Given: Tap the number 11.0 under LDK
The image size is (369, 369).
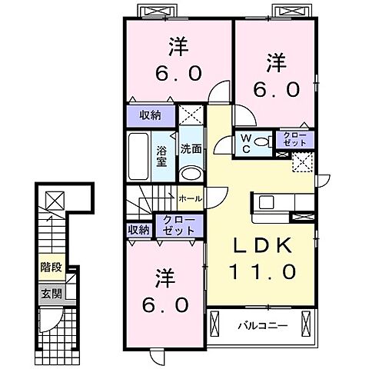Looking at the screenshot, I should (x=260, y=271).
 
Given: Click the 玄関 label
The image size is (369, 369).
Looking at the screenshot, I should (x=50, y=293).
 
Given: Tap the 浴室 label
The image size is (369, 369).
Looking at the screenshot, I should (x=162, y=156).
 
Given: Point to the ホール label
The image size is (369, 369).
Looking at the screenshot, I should (x=190, y=198).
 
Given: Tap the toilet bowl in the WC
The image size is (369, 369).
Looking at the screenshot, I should (x=261, y=141).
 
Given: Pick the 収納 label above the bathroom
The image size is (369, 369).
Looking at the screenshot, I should (x=150, y=115).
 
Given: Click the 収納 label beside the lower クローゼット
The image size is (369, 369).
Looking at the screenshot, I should (x=138, y=229).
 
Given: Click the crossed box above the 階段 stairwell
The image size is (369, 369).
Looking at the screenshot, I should (x=55, y=201).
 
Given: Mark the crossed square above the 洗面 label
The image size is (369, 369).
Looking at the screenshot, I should (x=191, y=117).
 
